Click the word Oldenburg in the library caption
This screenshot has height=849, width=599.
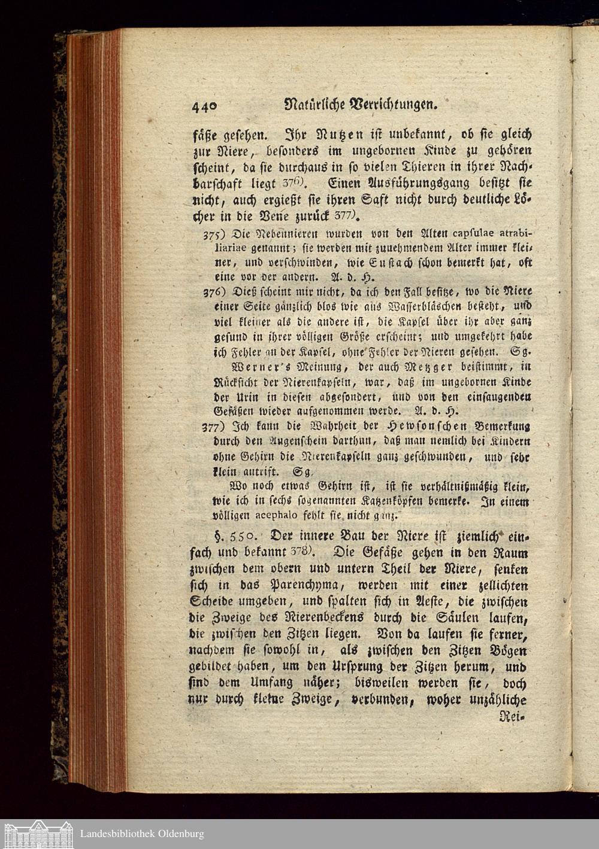coord(176,833)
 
